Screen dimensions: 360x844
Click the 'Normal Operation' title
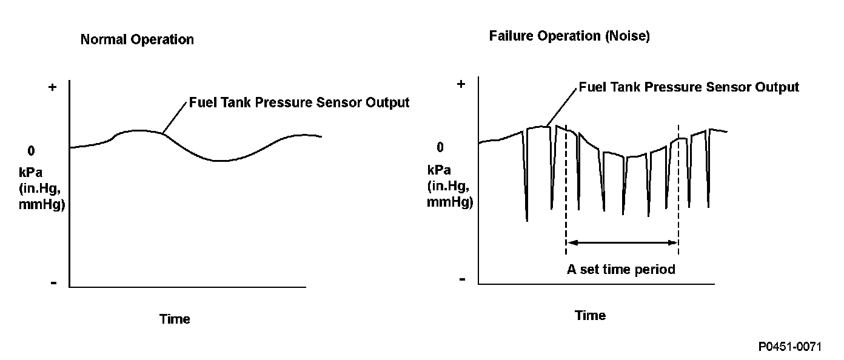tap(137, 40)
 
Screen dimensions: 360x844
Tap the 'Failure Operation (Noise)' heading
tap(569, 36)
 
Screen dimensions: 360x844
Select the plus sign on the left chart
tap(52, 87)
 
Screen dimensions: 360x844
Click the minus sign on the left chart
tap(53, 283)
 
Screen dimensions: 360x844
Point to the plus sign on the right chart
tap(461, 84)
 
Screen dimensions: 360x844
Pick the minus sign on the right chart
tap(462, 279)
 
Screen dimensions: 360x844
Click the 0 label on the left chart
tap(31, 150)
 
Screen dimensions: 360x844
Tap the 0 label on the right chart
tap(440, 147)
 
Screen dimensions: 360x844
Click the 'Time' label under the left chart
tap(175, 319)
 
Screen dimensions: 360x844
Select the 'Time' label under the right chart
tap(590, 315)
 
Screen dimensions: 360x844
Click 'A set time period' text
tap(621, 269)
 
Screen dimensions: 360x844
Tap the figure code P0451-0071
tap(789, 347)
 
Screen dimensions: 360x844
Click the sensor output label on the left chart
tap(299, 102)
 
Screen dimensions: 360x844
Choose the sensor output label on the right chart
tap(689, 87)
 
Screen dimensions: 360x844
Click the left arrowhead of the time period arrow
tap(571, 242)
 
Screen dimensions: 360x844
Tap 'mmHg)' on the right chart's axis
tap(450, 202)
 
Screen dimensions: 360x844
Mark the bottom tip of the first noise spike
tap(527, 221)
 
